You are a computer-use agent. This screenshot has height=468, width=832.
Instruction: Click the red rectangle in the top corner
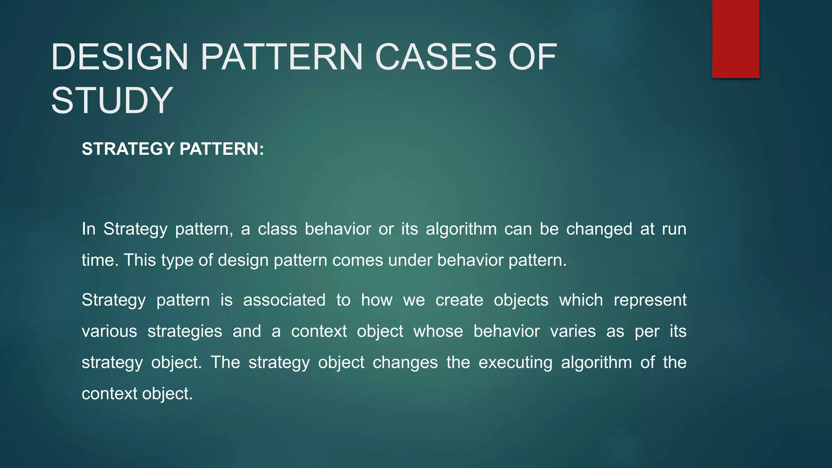point(735,39)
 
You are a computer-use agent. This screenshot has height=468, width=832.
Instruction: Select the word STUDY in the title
point(112,101)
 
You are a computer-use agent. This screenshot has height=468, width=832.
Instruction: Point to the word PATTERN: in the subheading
point(221,149)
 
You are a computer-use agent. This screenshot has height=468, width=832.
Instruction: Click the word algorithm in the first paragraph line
point(461,229)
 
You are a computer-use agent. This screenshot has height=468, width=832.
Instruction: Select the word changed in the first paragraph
point(599,229)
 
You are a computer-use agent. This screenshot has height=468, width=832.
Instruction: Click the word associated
point(284,300)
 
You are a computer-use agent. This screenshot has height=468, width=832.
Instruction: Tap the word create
point(459,300)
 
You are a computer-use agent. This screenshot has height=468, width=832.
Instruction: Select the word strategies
point(185,331)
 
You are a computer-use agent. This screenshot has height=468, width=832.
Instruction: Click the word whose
point(438,331)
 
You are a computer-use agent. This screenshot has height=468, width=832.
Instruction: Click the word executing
point(515,362)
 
